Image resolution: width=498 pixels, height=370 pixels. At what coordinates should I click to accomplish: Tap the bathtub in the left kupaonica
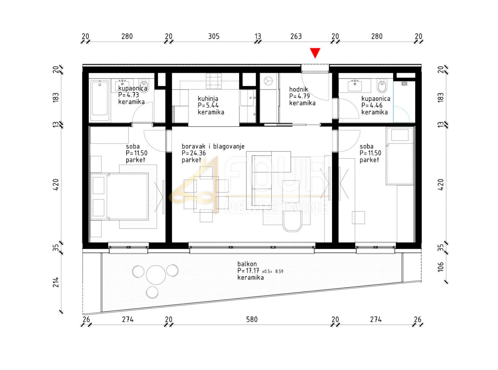[100, 100]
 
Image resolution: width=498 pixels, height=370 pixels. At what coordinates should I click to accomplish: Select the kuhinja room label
[208, 98]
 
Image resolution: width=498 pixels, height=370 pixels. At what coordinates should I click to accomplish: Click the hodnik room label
[299, 89]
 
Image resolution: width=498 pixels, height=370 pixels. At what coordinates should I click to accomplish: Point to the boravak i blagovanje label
[213, 146]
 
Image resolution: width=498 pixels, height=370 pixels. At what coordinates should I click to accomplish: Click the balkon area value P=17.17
[248, 271]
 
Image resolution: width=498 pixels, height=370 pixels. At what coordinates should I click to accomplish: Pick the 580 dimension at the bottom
[252, 319]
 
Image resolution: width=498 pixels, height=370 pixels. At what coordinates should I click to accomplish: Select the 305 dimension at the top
[214, 36]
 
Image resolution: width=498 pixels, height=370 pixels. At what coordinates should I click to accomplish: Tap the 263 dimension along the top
[296, 36]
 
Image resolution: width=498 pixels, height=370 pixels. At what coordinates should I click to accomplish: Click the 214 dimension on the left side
[56, 282]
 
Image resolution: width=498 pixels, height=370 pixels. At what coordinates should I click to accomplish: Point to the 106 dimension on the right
[440, 267]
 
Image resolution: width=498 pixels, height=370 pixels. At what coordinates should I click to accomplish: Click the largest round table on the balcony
[156, 275]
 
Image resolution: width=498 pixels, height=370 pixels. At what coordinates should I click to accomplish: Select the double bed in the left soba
[120, 196]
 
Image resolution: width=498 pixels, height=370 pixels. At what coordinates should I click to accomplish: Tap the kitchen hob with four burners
[214, 81]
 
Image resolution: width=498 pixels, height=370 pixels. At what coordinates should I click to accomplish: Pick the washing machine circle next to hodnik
[268, 81]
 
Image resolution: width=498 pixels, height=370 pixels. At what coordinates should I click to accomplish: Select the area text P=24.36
[193, 153]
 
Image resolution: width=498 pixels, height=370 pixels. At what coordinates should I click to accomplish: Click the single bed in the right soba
[399, 156]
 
